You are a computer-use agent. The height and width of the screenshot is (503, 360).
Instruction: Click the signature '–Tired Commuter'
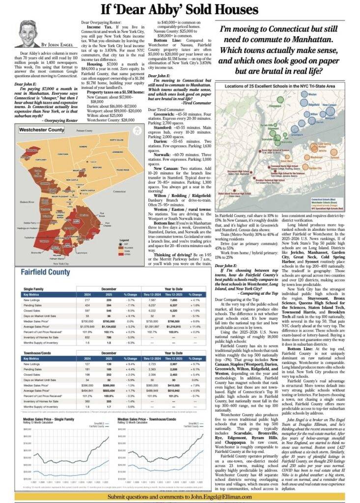[x=194, y=104]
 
